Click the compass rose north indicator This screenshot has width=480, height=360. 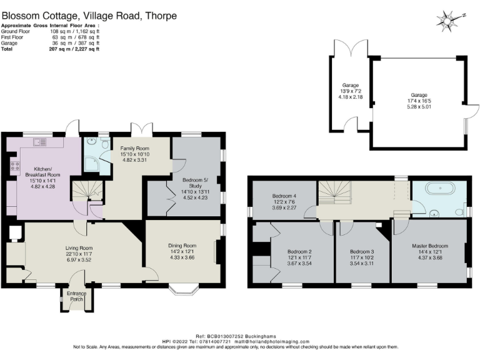(x=449, y=21)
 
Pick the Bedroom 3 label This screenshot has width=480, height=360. (x=362, y=252)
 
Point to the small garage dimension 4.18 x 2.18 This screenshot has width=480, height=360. (x=350, y=96)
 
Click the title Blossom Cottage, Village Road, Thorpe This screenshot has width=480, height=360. (x=89, y=16)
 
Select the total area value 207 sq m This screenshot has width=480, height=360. (x=53, y=49)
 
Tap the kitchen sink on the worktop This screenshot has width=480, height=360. (x=41, y=143)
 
